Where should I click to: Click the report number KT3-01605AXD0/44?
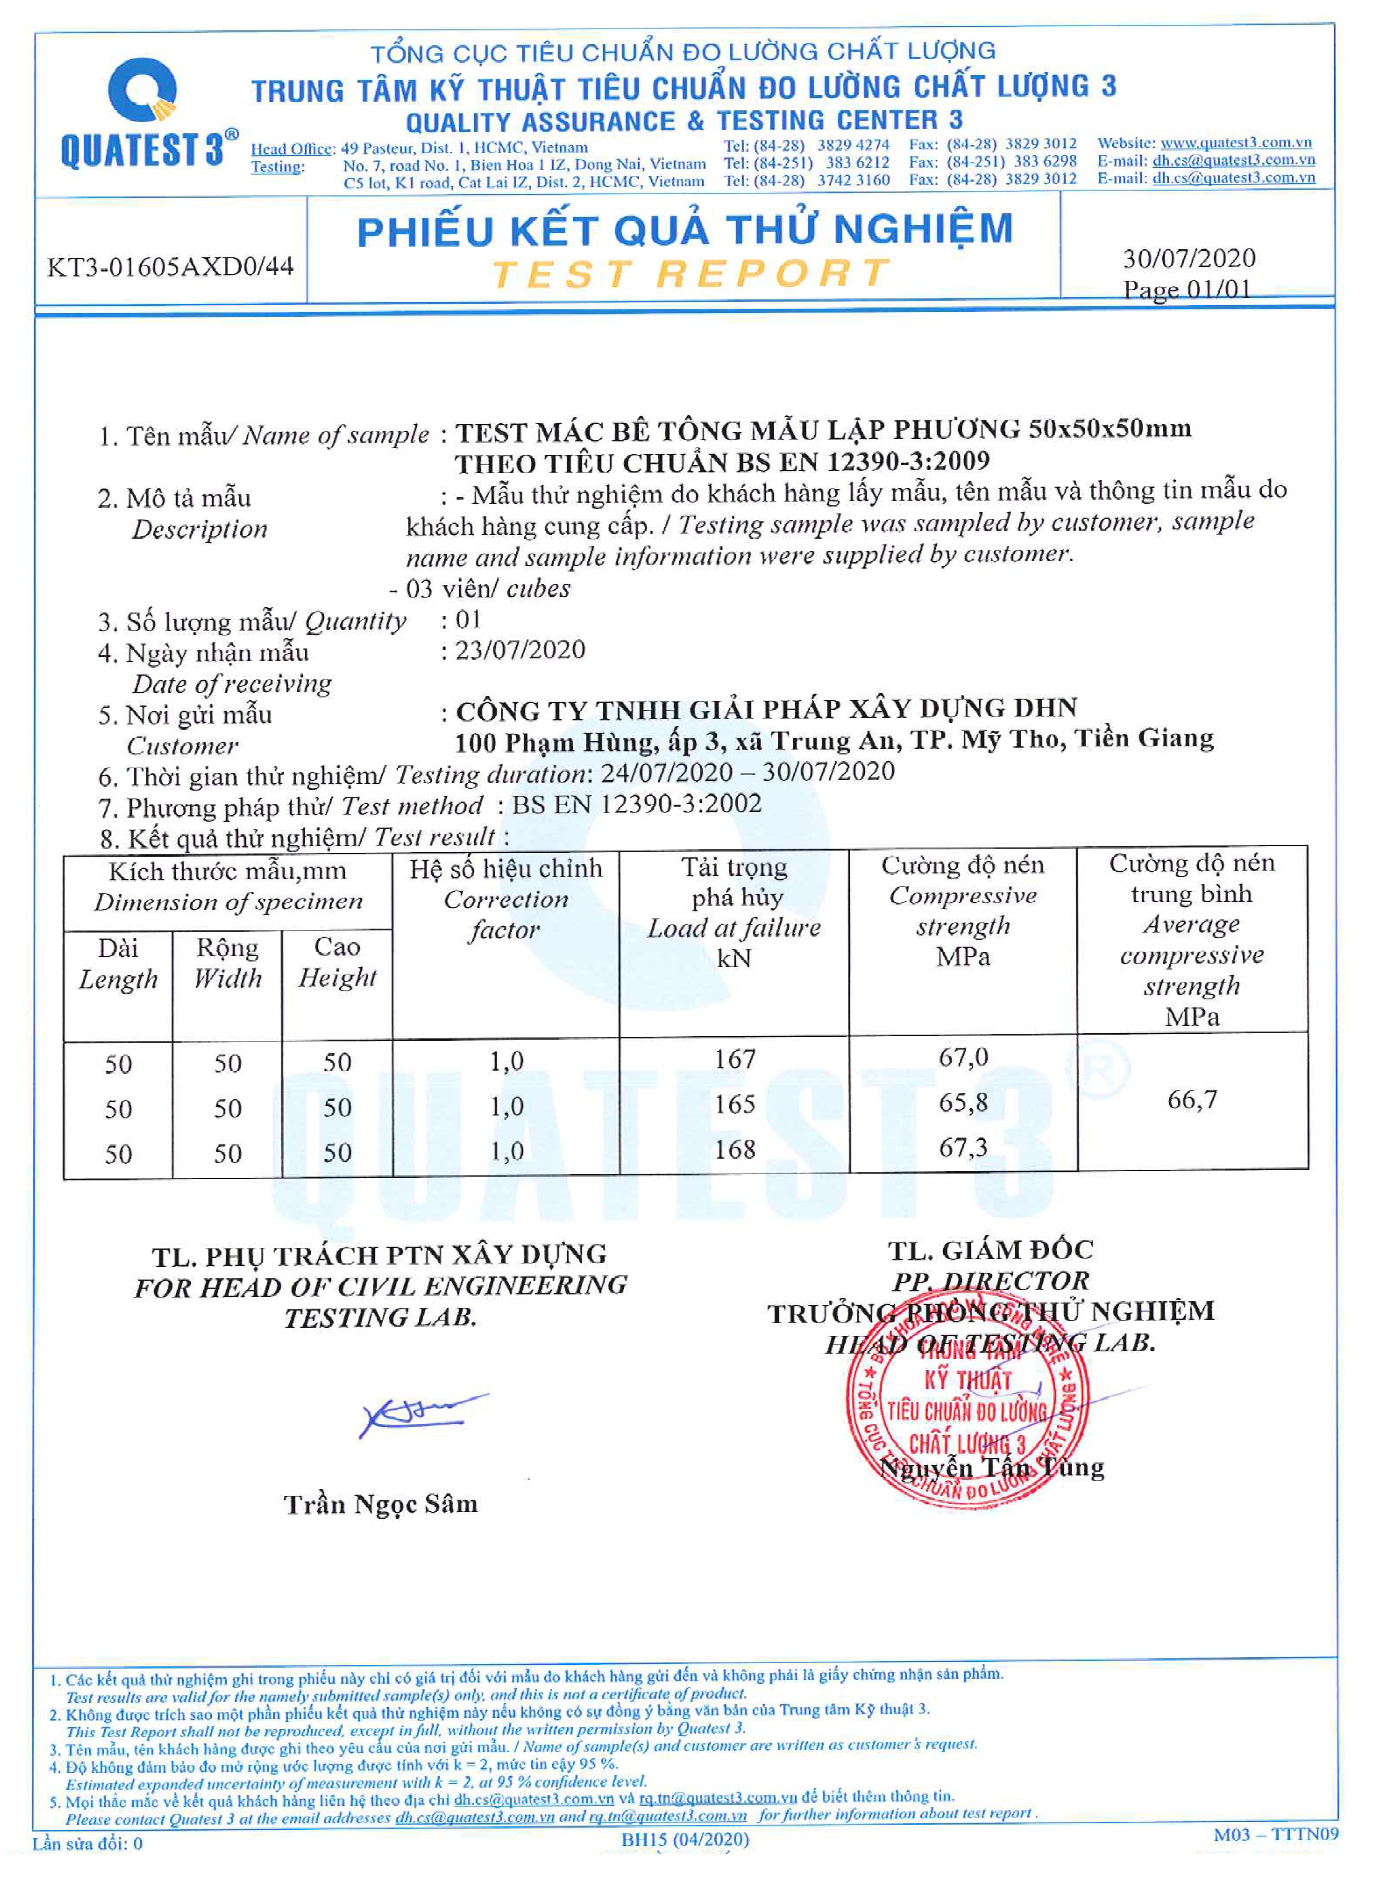[x=170, y=267]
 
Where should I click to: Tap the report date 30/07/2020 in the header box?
[x=1189, y=258]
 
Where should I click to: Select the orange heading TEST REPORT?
[x=691, y=273]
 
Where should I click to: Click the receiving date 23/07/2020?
[x=520, y=650]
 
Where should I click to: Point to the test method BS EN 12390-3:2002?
[x=637, y=804]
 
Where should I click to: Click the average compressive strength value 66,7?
[x=1191, y=1099]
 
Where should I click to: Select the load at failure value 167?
[x=734, y=1059]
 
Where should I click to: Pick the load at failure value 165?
[x=734, y=1104]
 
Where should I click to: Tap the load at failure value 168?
[x=734, y=1149]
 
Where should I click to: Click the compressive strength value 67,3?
[x=963, y=1147]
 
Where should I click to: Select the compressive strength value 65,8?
[x=963, y=1102]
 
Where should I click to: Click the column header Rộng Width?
[x=227, y=963]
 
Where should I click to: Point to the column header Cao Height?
[x=337, y=962]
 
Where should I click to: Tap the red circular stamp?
[x=967, y=1413]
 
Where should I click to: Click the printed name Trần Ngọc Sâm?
[x=380, y=1505]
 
